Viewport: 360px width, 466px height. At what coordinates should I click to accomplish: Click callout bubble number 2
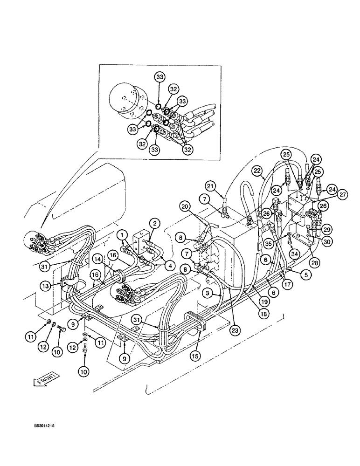click(x=152, y=223)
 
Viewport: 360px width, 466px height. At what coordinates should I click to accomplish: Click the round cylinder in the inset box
click(x=127, y=99)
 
